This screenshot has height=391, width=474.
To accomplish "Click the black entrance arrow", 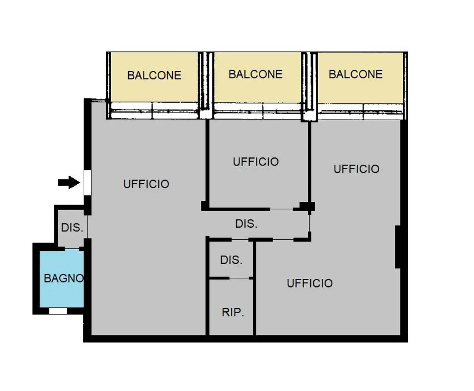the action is tap(69, 182).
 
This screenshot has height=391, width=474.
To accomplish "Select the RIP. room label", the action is tap(233, 312).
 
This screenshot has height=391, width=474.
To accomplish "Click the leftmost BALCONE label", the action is tap(154, 76).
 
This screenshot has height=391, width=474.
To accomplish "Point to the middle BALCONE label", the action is tap(256, 74).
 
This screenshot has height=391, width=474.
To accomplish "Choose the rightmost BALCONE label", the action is tap(355, 74).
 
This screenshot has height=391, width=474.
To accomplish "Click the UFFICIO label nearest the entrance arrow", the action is tap(146, 184).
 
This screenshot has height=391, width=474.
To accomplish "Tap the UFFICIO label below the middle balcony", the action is tap(256, 162).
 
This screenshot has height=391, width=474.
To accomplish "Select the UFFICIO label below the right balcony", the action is tap(356, 169).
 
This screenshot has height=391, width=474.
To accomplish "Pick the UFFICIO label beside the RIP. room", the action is tap(310, 283).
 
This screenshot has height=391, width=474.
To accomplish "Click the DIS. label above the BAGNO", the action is tap(72, 227).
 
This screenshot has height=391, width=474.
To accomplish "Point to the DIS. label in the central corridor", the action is tap(246, 224).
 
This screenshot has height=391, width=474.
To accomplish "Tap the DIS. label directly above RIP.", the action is tap(231, 260).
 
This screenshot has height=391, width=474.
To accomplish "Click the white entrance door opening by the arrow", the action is tap(87, 183).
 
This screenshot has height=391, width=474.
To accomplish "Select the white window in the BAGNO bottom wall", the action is tap(58, 311).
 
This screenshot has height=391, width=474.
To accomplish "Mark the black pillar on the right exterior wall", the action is tap(398, 247).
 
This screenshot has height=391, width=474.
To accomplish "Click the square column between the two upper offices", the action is tap(308, 206).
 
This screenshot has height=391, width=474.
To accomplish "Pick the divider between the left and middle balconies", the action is tap(206, 85).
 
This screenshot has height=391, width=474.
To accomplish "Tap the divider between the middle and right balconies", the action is tap(309, 87).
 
